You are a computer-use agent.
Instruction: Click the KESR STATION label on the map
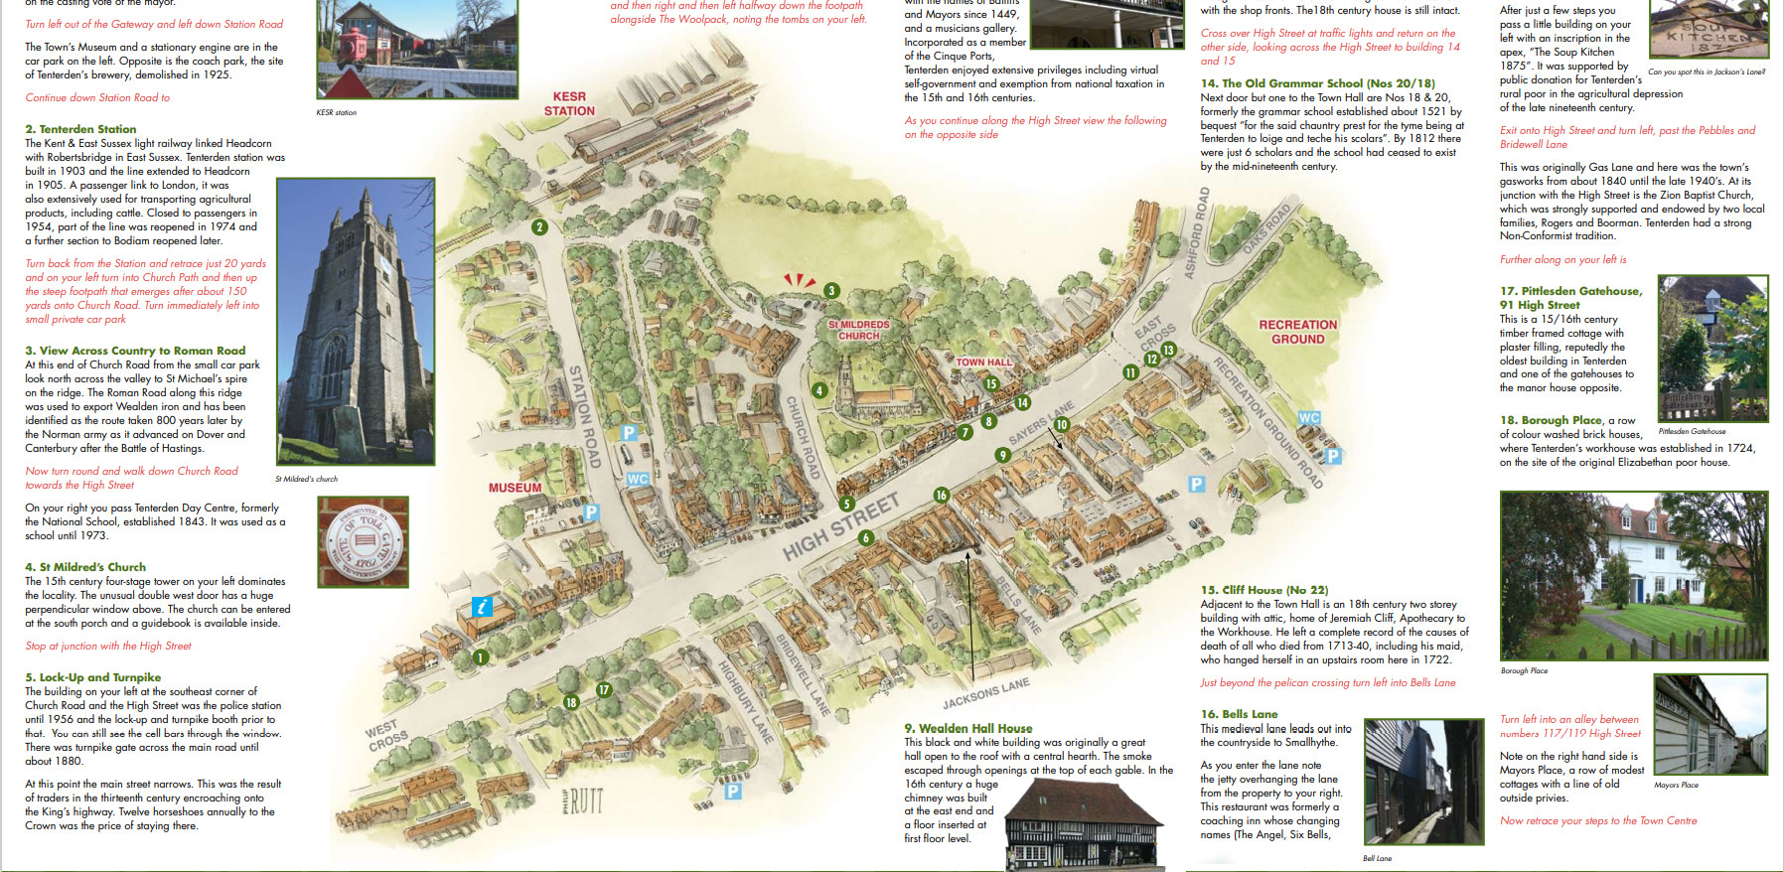pyautogui.click(x=569, y=104)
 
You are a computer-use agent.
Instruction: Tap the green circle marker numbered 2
pyautogui.click(x=539, y=227)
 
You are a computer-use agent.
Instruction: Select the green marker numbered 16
pyautogui.click(x=941, y=495)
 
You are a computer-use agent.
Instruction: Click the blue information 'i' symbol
pyautogui.click(x=482, y=607)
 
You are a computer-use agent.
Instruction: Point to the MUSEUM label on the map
pyautogui.click(x=515, y=488)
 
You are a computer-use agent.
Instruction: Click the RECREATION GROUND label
pyautogui.click(x=1297, y=332)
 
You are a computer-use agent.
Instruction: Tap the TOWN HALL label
pyautogui.click(x=983, y=363)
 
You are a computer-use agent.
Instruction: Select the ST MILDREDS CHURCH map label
pyautogui.click(x=859, y=330)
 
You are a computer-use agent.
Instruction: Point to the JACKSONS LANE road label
pyautogui.click(x=985, y=693)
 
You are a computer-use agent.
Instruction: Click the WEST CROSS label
pyautogui.click(x=385, y=735)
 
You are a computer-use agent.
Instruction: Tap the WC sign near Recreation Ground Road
pyautogui.click(x=1309, y=418)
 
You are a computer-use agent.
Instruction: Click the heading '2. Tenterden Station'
pyautogui.click(x=80, y=129)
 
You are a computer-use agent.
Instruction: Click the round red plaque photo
pyautogui.click(x=364, y=542)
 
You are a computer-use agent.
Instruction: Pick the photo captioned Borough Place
pyautogui.click(x=1633, y=576)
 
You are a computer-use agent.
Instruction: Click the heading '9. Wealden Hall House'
pyautogui.click(x=967, y=728)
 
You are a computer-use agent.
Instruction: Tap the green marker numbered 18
pyautogui.click(x=571, y=702)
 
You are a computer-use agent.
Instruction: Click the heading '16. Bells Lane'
pyautogui.click(x=1239, y=714)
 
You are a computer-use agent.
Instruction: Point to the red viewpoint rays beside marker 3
pyautogui.click(x=799, y=281)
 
